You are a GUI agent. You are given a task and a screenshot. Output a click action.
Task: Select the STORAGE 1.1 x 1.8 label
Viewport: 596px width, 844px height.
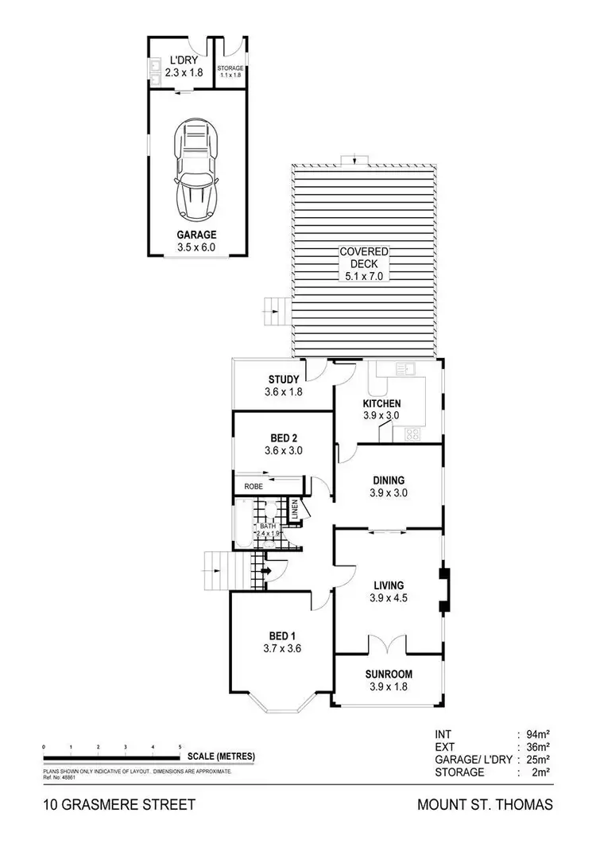pos(230,68)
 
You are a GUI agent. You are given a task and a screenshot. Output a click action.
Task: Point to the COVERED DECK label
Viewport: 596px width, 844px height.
pos(365,258)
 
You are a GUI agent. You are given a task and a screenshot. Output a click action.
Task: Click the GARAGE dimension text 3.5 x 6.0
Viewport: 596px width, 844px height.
pos(197,247)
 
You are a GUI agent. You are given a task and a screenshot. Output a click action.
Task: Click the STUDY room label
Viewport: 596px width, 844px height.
pos(283,379)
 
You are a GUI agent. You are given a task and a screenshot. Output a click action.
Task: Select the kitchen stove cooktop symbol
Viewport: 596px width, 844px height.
pos(412,434)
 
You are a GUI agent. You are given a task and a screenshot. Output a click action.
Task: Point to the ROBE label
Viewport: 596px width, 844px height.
pos(253,485)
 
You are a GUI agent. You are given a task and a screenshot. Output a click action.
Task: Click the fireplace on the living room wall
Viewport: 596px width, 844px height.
pos(443,591)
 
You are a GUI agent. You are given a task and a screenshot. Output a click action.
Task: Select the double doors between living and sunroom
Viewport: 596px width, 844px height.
pos(389,644)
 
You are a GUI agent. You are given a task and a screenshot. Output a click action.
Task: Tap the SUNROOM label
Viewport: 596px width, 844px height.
pos(389,674)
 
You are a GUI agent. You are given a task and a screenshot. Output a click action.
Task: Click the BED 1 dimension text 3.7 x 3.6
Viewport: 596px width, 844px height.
pos(282,648)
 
